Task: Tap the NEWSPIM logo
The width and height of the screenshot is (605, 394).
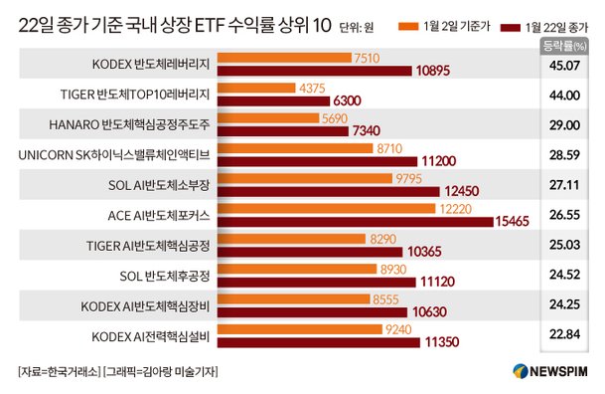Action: (550, 371)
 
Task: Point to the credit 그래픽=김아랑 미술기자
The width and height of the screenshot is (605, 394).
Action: (160, 371)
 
